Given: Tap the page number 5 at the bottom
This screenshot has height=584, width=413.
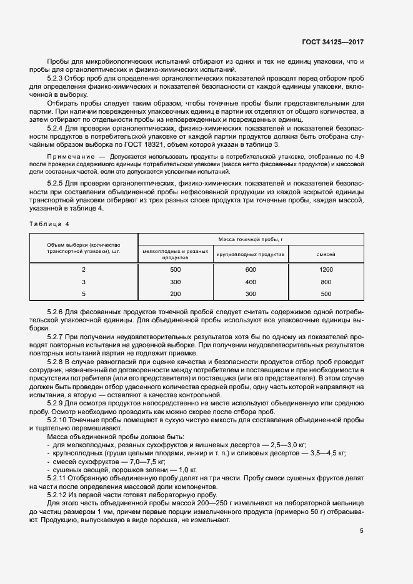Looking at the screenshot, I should (362, 531).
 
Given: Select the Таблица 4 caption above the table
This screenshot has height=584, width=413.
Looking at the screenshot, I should (51, 223).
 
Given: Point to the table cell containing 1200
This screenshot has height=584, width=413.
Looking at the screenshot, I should (326, 270).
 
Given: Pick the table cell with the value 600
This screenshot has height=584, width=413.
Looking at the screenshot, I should (251, 270).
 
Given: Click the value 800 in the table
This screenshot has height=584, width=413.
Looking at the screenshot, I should (326, 282).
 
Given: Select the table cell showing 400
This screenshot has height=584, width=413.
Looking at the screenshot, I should (251, 282).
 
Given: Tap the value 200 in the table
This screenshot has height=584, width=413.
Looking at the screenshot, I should (175, 294).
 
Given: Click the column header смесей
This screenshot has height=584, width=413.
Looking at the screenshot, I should (326, 255).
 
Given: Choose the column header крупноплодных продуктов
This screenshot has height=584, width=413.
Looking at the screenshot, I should (251, 255).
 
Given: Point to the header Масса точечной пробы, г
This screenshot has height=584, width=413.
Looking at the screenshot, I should (251, 239).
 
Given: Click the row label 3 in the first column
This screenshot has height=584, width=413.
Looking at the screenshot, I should (84, 282).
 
